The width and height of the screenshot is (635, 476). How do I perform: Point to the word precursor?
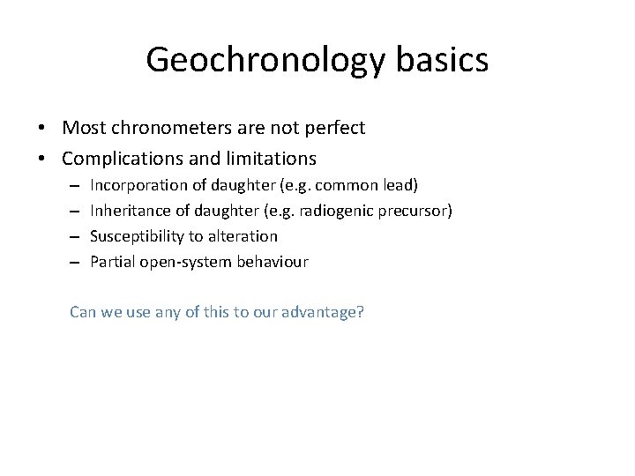[x=417, y=211]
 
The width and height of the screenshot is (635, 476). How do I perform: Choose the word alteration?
[x=243, y=236]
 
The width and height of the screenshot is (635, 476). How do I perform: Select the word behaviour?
[x=273, y=261]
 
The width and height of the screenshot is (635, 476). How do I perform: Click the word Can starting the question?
[x=83, y=312]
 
